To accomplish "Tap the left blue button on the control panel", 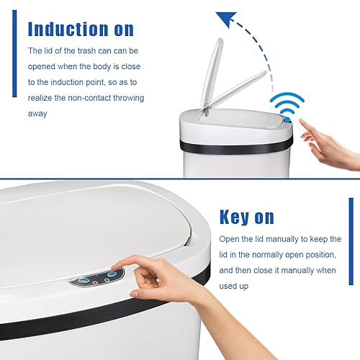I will point(85,279).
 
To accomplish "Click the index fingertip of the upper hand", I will point(302,124).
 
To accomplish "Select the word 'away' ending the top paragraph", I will point(38,113).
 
